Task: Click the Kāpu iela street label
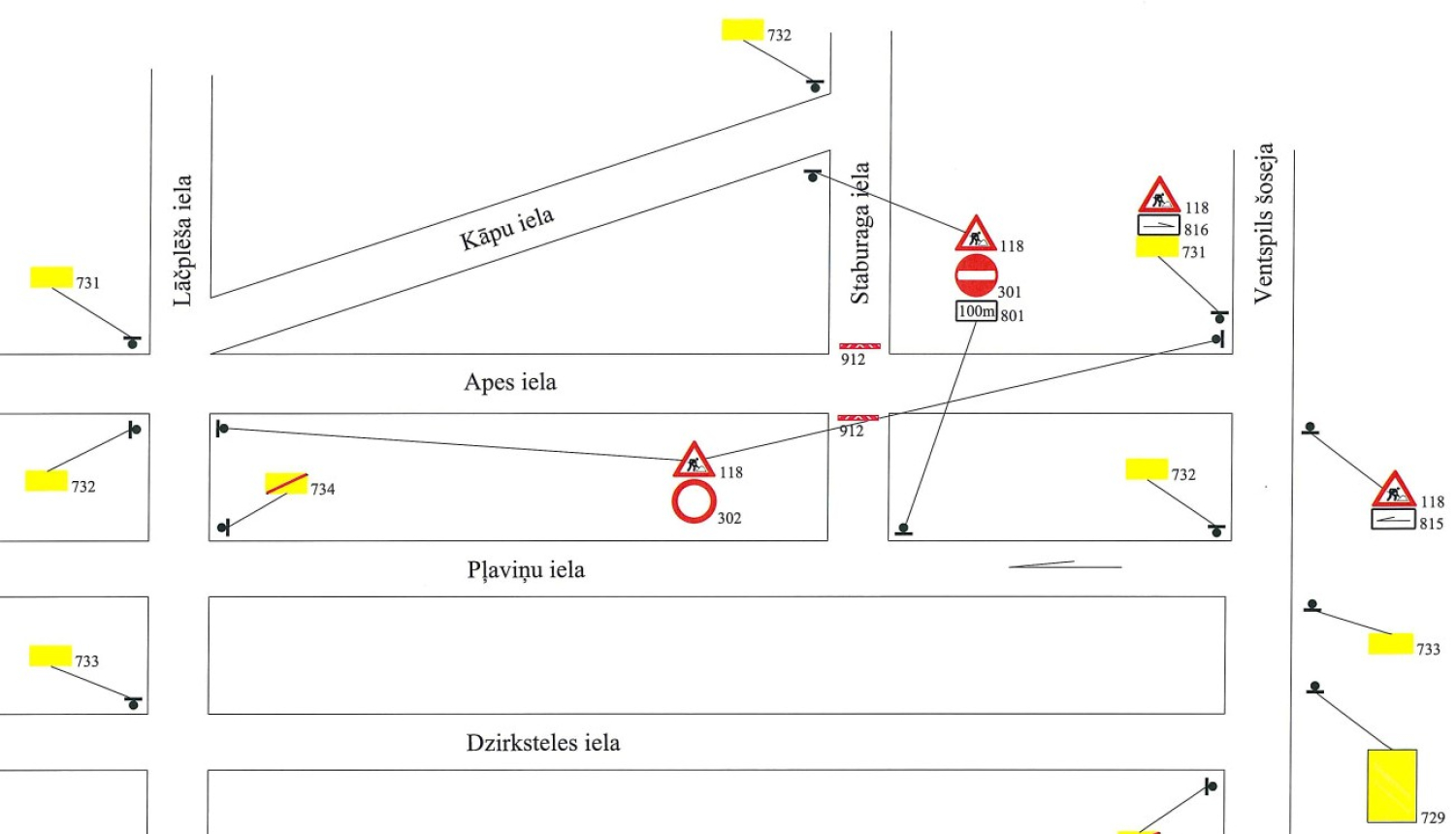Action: pos(506,229)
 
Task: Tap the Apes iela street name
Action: pos(510,382)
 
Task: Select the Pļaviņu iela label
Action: pos(526,570)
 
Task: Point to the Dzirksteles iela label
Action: pos(543,743)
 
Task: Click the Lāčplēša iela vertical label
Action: pos(182,241)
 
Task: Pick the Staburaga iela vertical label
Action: pos(859,233)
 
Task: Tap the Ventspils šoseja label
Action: pos(1263,223)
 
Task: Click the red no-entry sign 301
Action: pos(976,275)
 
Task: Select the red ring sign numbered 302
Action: pos(694,501)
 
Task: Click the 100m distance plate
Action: pos(976,311)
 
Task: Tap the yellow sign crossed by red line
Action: pos(286,483)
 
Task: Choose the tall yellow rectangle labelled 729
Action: pos(1392,786)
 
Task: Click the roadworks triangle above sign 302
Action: pos(694,460)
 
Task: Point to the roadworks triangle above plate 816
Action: pos(1159,195)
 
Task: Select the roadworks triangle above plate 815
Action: pos(1394,489)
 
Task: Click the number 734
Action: pos(323,489)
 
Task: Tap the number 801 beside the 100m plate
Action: pos(1012,316)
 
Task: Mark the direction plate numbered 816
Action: pos(1159,225)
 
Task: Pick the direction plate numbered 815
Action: pos(1393,520)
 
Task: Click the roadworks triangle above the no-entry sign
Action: pos(976,234)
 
